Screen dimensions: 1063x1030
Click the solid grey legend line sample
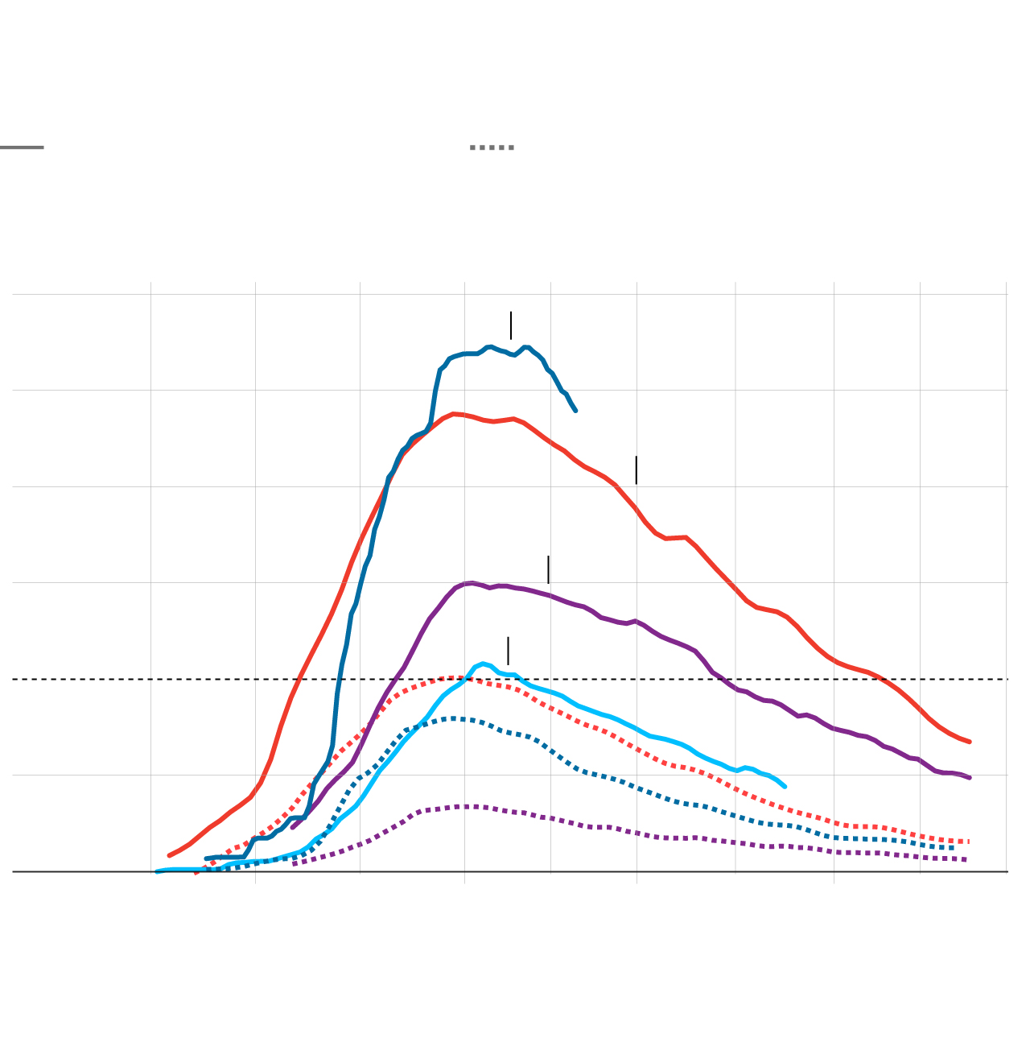coord(22,147)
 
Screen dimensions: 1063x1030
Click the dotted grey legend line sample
coord(492,147)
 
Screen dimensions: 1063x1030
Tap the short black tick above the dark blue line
coord(510,325)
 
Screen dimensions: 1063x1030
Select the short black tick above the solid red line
coord(636,470)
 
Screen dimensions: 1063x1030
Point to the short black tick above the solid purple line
coord(548,569)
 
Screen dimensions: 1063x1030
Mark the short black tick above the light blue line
coord(508,651)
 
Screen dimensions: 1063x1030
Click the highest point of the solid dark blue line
coord(489,346)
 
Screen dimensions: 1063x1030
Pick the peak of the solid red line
coord(455,414)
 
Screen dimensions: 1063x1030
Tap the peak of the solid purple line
coord(472,583)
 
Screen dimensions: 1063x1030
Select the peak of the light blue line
coord(483,664)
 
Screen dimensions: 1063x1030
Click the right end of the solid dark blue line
coord(575,411)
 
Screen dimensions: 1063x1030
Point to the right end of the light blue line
coord(785,787)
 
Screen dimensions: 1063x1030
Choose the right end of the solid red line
coord(970,742)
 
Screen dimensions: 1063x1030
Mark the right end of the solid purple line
coord(970,778)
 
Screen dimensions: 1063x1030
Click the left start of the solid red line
coord(169,855)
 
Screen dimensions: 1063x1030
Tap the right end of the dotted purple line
coord(966,859)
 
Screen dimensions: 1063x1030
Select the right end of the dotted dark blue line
coord(954,847)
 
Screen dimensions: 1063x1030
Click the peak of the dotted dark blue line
coord(453,718)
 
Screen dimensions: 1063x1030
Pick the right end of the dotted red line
coord(969,842)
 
